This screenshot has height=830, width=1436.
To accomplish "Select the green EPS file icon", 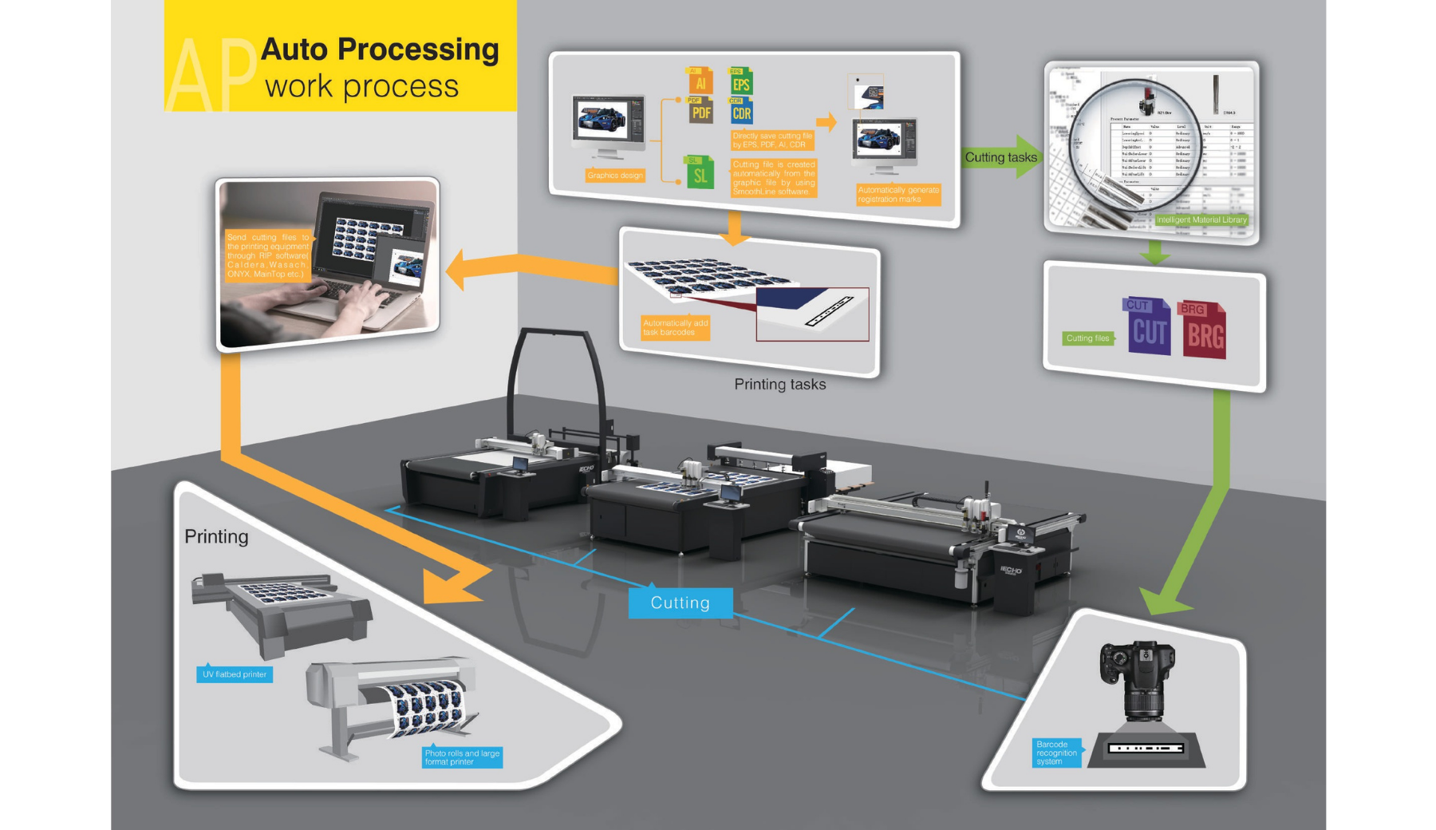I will [741, 82].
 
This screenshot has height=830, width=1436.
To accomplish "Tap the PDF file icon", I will [700, 111].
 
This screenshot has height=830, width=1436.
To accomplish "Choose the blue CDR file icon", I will [741, 112].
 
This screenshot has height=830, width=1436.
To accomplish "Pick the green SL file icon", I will [700, 173].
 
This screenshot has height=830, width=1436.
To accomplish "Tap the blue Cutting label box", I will [680, 603].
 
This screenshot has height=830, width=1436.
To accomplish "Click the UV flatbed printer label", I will [235, 674].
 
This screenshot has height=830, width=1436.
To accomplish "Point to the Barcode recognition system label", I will [1057, 753].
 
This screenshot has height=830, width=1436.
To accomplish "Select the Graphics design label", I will [615, 176].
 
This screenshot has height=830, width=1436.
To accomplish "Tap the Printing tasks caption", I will [779, 385].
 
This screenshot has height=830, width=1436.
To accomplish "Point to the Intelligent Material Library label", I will [1201, 219].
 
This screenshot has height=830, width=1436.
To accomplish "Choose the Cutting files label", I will [1087, 338].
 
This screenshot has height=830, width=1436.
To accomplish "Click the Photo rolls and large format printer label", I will [462, 757].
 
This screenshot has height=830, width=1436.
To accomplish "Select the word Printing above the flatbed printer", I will [216, 536].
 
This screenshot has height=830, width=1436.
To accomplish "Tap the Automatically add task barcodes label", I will [675, 328].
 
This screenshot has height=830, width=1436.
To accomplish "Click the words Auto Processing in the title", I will [380, 49].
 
